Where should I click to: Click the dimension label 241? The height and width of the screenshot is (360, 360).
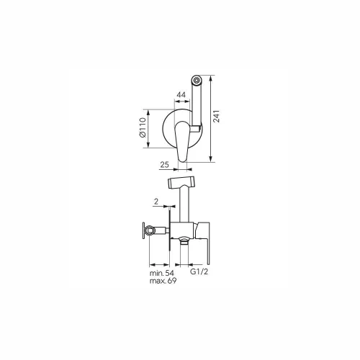pos(217,117)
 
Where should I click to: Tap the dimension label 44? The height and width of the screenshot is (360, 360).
pos(181,95)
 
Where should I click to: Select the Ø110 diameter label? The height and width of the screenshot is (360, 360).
pos(143,127)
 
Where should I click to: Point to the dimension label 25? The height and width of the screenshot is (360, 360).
pos(165,165)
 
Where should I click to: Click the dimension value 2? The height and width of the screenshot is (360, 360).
pos(156,202)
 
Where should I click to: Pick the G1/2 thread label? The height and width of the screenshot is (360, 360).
pos(199,271)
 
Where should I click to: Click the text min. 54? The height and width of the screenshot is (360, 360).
pos(161,273)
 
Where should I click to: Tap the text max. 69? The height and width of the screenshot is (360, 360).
pos(163,281)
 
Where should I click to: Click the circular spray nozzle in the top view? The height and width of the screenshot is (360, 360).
pos(197,80)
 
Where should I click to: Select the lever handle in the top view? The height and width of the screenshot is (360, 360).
pos(183,141)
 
